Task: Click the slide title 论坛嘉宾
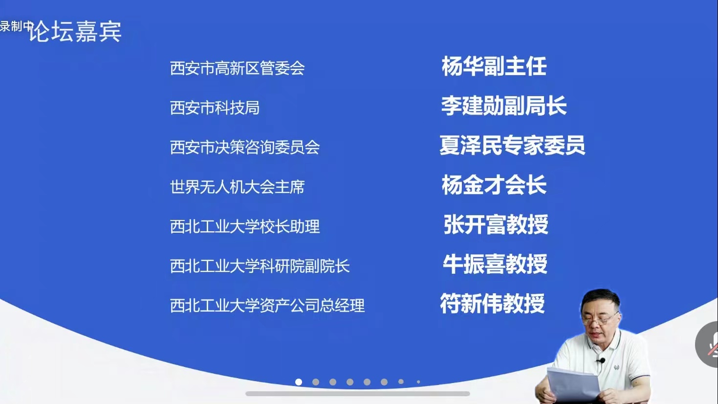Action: click(75, 31)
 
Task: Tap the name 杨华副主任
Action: click(494, 66)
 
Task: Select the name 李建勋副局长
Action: click(504, 105)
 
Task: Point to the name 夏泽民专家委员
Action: click(512, 145)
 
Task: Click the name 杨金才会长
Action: click(494, 185)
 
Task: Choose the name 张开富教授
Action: click(496, 224)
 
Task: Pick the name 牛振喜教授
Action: click(495, 264)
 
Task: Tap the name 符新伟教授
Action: click(492, 303)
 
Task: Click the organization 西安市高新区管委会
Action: click(237, 68)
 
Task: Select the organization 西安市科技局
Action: click(215, 108)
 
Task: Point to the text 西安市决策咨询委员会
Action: click(245, 147)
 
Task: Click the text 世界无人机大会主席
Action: click(237, 187)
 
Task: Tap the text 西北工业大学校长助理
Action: click(245, 226)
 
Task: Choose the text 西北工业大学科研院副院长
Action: click(260, 266)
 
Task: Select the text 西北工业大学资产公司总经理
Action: click(267, 305)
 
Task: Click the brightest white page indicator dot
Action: click(299, 382)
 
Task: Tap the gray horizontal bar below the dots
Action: click(358, 394)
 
